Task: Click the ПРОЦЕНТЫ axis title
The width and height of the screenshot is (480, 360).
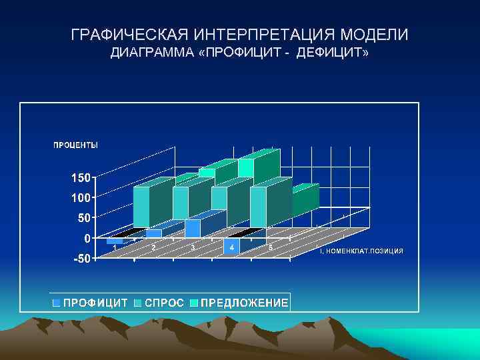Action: point(75,145)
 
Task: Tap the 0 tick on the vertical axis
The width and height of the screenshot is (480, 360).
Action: point(88,238)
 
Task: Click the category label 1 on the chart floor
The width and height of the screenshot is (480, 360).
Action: point(115,247)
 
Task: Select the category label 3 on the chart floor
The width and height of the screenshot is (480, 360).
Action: point(193,248)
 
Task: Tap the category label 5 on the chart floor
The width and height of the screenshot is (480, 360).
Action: point(271,248)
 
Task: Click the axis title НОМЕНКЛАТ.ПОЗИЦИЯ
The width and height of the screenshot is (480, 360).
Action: point(363,251)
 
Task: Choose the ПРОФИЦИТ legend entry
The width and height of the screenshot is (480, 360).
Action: point(95,303)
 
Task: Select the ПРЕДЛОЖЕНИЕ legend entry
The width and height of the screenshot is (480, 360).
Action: point(244,303)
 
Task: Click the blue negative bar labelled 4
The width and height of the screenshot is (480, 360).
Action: point(231,246)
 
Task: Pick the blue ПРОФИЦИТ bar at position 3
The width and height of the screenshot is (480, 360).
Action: point(193,228)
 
